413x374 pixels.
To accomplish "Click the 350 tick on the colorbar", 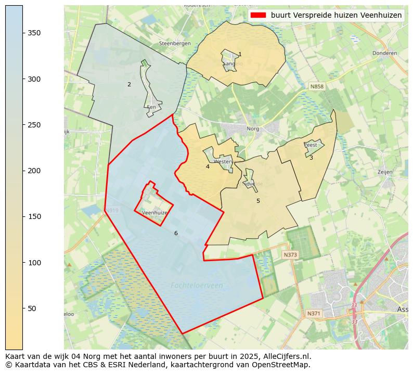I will click(22, 33).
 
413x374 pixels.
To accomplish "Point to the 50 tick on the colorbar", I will click(22, 308).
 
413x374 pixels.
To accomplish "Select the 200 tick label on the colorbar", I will click(34, 171).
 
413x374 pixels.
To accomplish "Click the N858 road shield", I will click(316, 86).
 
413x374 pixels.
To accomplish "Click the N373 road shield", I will click(290, 255).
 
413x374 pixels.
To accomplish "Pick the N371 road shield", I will click(314, 313).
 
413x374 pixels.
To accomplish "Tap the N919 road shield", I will click(112, 211).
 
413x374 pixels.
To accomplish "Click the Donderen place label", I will click(384, 53).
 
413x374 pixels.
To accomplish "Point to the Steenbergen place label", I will click(175, 44).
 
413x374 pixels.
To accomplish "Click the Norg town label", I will click(253, 128).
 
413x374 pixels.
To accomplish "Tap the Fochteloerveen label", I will click(197, 285).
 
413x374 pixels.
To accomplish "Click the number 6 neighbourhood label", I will click(176, 233).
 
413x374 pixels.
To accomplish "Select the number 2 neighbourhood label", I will click(129, 84).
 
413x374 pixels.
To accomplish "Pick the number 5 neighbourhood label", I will click(258, 201).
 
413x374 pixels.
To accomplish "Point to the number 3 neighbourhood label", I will click(311, 158).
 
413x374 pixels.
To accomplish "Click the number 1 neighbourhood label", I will click(240, 54).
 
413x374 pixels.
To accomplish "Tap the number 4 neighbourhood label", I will click(208, 166).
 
